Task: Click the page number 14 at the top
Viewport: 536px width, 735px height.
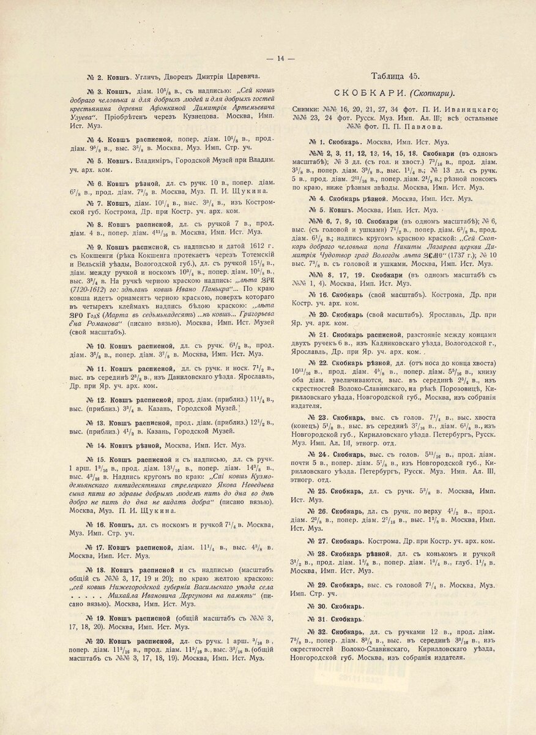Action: coord(281,59)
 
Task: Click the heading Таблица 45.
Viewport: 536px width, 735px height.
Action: coord(395,76)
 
